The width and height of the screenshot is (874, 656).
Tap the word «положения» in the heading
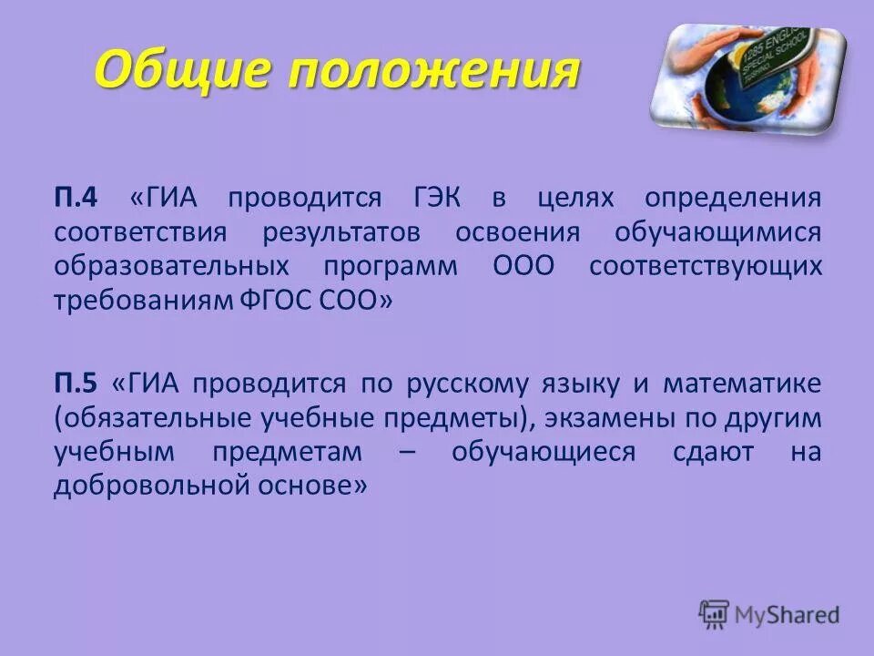[433, 70]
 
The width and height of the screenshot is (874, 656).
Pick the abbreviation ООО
[523, 267]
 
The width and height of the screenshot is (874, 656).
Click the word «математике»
[741, 383]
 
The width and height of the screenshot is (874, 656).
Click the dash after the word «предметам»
[406, 452]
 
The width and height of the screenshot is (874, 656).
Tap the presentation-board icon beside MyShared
[715, 614]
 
